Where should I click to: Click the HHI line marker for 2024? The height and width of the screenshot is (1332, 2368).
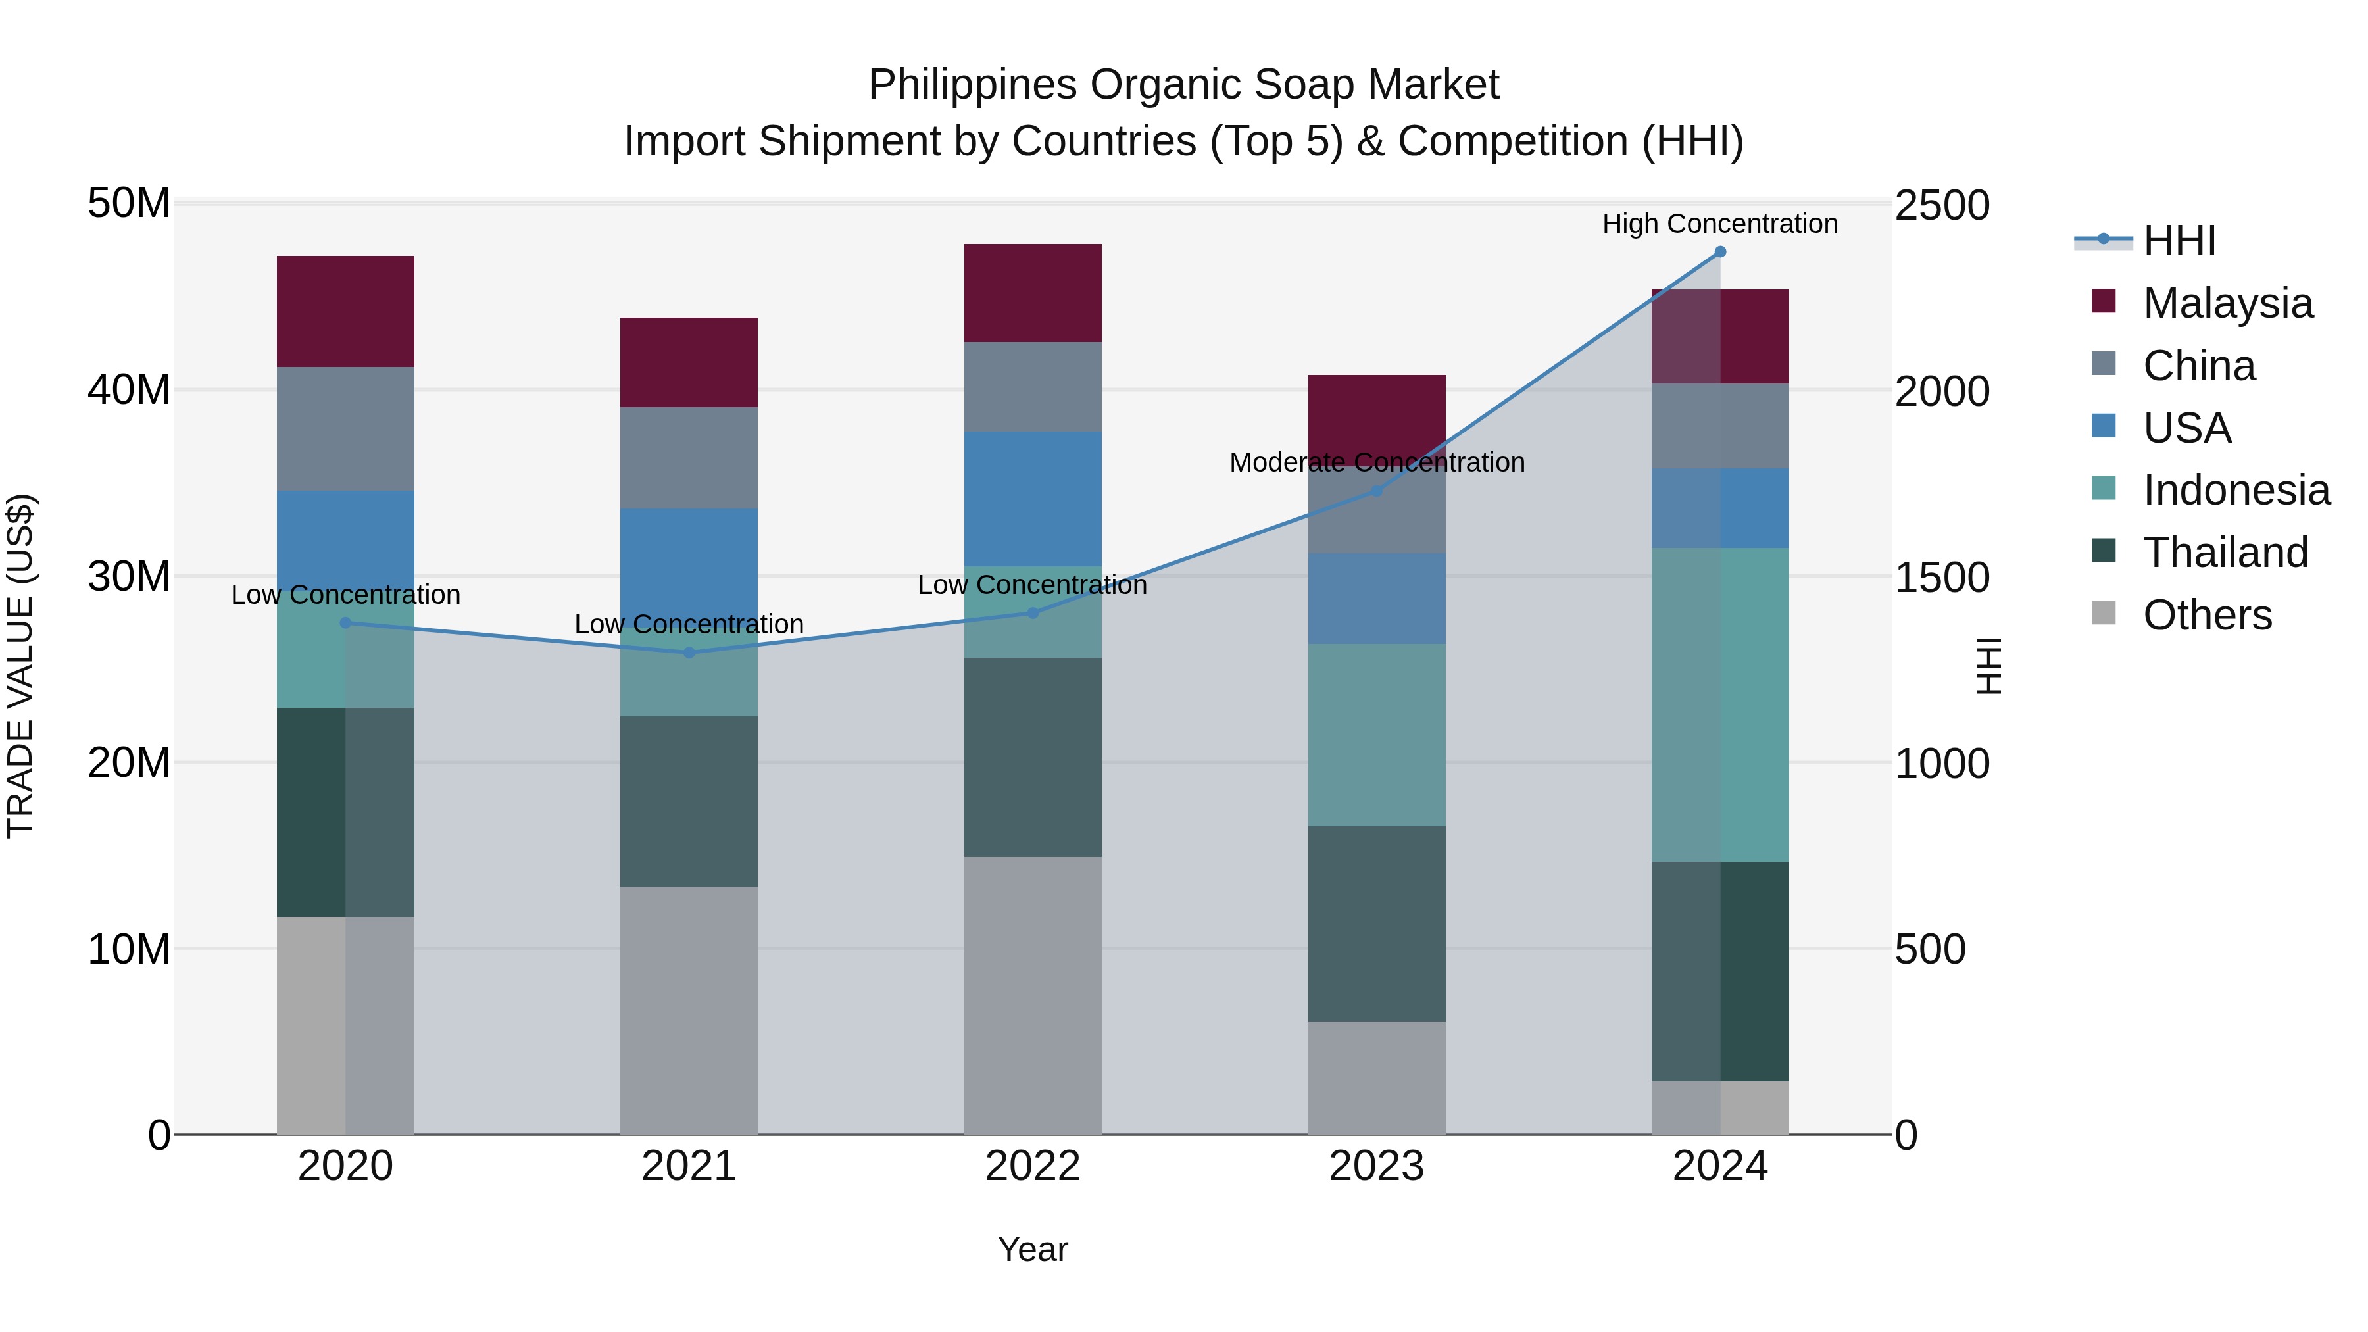click(x=1720, y=252)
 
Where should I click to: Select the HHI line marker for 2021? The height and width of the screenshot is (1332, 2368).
click(x=689, y=653)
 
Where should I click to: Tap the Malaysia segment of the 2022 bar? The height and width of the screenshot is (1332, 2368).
click(x=1032, y=293)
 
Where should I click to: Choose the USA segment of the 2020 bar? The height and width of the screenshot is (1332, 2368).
click(x=345, y=538)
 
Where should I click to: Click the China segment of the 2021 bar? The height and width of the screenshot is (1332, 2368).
click(x=689, y=458)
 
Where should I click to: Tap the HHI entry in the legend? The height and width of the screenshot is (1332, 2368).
click(x=2179, y=241)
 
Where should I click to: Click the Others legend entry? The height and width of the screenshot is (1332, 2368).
click(x=2206, y=615)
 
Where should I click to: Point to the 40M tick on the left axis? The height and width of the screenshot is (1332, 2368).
click(x=129, y=390)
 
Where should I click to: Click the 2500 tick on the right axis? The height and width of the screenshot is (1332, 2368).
click(x=1942, y=205)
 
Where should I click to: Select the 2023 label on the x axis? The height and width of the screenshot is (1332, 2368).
click(x=1376, y=1166)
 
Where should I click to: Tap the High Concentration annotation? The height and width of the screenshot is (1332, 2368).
click(x=1720, y=224)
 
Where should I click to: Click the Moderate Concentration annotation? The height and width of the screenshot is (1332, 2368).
click(x=1376, y=462)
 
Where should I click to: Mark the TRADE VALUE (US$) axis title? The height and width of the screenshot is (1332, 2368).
click(x=20, y=666)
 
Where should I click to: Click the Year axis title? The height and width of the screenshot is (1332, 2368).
click(x=1032, y=1249)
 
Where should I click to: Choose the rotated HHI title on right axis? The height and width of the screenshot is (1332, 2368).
click(x=1988, y=666)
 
